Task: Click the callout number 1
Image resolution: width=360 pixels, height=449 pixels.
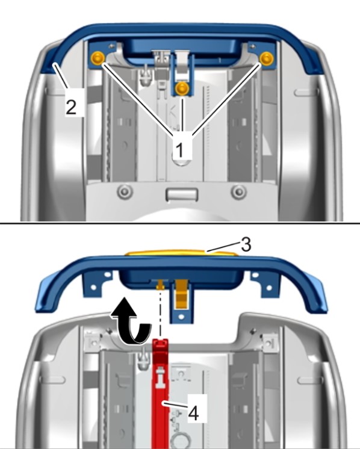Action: click(x=179, y=150)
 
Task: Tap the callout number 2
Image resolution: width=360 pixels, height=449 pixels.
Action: click(x=71, y=107)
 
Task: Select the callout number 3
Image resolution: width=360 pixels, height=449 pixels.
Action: click(x=246, y=244)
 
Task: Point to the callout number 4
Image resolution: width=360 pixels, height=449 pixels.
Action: click(x=194, y=413)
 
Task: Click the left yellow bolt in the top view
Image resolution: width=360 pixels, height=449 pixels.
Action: click(x=98, y=58)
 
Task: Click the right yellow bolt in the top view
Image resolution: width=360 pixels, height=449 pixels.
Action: click(x=267, y=58)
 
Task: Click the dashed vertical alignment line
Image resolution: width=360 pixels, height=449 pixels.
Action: click(x=160, y=314)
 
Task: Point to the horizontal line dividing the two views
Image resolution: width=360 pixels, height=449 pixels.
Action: click(x=180, y=223)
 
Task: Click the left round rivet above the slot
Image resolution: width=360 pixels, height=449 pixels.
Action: click(x=125, y=191)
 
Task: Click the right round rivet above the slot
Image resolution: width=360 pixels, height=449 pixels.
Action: click(x=239, y=191)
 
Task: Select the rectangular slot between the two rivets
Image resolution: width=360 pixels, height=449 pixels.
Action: click(x=182, y=194)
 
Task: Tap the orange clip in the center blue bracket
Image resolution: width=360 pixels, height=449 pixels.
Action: click(x=181, y=294)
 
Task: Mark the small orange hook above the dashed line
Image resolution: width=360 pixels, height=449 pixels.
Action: click(x=160, y=284)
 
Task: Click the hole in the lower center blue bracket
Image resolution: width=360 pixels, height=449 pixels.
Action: click(x=181, y=317)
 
